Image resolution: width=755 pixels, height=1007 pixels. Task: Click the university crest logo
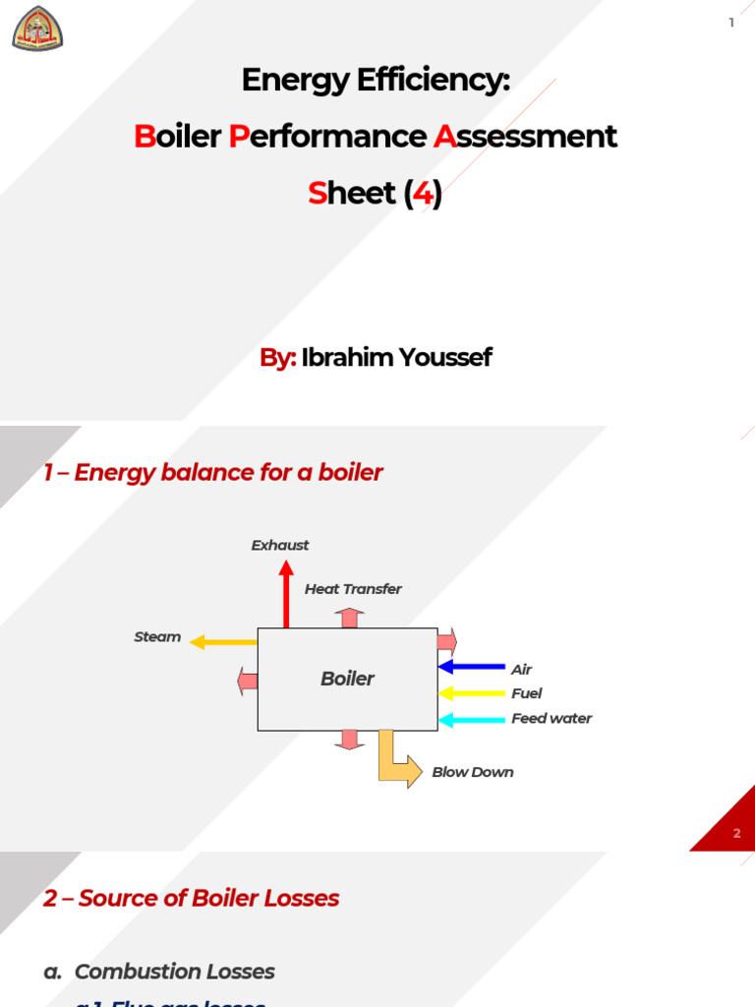[x=37, y=28]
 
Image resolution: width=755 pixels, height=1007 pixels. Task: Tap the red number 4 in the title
[x=423, y=193]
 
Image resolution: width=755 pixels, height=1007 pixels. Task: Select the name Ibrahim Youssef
[x=396, y=357]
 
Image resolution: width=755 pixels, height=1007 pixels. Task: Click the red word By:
[x=277, y=357]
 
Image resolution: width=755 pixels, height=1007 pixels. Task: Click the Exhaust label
[x=280, y=545]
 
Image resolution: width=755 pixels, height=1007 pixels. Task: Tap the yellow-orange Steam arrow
[x=223, y=642]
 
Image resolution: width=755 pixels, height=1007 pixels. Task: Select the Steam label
[x=157, y=637]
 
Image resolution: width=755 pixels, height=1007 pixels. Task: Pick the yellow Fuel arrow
[x=472, y=693]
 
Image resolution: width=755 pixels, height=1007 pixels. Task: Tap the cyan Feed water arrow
[x=472, y=720]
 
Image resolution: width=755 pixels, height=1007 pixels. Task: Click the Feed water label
[x=552, y=719]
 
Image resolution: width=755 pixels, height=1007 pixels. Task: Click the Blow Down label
[x=473, y=772]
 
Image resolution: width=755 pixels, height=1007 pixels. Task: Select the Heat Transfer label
[x=353, y=589]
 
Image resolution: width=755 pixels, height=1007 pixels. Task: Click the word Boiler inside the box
[x=347, y=679]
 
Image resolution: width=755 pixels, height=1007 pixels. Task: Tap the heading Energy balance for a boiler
[x=212, y=473]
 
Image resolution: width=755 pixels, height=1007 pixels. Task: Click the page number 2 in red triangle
[x=737, y=834]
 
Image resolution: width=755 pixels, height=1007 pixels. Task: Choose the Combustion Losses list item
[x=174, y=972]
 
